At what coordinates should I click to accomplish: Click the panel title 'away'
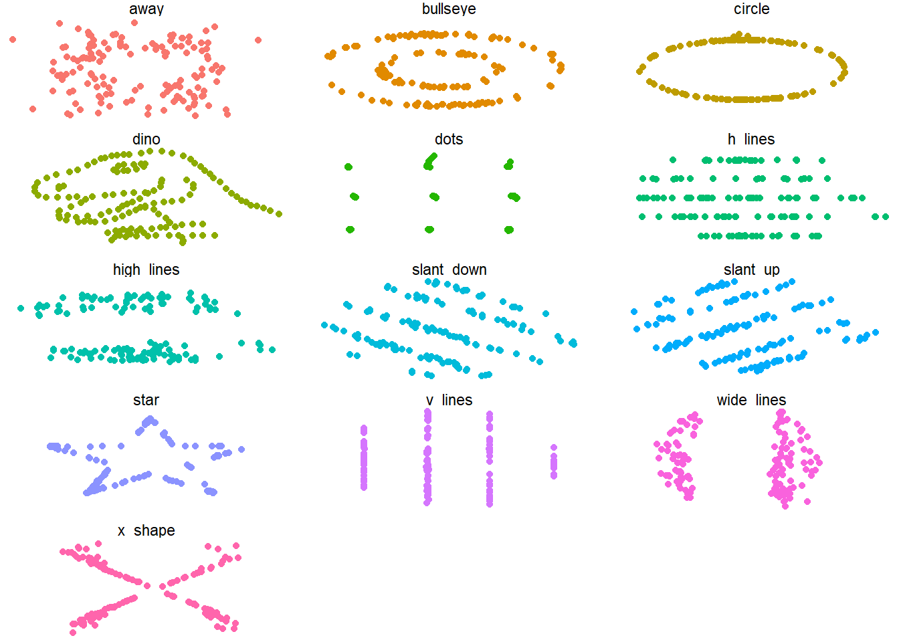(146, 9)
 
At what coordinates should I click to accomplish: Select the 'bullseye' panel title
(449, 9)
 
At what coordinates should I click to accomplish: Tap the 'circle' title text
(751, 9)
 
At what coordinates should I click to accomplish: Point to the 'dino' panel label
(146, 139)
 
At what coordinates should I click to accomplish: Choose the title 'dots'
(449, 139)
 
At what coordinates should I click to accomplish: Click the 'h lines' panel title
(751, 139)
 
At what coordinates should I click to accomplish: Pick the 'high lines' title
(146, 270)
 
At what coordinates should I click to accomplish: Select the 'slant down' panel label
(449, 270)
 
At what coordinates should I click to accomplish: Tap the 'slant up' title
(751, 270)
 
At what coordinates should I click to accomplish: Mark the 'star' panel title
(146, 400)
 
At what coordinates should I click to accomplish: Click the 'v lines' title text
(449, 400)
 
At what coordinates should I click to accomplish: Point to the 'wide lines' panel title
(751, 400)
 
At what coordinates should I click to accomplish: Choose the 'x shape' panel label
(146, 530)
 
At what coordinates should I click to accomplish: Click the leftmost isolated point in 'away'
(13, 39)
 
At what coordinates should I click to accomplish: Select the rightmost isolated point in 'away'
(258, 40)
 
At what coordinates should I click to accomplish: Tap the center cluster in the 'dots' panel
(434, 197)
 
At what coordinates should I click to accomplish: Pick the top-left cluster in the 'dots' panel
(348, 167)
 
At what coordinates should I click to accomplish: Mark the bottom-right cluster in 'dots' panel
(509, 229)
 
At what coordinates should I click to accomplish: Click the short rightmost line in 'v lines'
(554, 461)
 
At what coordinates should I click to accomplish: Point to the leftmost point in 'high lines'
(21, 308)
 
